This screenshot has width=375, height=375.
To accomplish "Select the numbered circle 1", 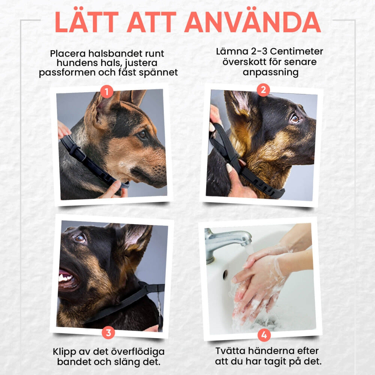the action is point(106,91).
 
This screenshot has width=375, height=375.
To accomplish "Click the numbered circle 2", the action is point(263,90).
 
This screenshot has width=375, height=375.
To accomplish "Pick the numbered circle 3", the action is point(108,332).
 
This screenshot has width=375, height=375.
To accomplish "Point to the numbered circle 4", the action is point(264,335).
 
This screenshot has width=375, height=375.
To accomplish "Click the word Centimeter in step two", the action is point(297,51).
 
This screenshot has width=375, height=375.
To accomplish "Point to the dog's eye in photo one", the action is point(143,135).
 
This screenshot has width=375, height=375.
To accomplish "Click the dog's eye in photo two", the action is point(295,118).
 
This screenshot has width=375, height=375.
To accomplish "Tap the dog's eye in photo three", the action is point(80,238).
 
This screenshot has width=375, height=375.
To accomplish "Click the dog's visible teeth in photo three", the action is point(65,277).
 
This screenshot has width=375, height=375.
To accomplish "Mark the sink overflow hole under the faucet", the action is point(225,275).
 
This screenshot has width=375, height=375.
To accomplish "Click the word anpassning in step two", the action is point(270,72).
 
